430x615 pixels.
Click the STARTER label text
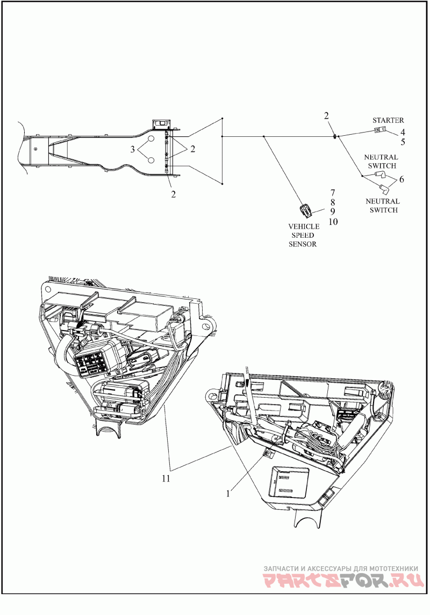pyautogui.click(x=388, y=120)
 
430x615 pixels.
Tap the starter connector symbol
pyautogui.click(x=379, y=130)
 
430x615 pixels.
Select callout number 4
pyautogui.click(x=403, y=133)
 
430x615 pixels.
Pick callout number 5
pyautogui.click(x=403, y=142)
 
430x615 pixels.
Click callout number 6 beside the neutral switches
pyautogui.click(x=402, y=180)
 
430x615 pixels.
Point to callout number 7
pyautogui.click(x=333, y=193)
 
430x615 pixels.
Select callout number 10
pyautogui.click(x=333, y=222)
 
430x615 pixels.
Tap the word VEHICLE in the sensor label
pyautogui.click(x=304, y=226)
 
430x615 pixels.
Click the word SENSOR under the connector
pyautogui.click(x=303, y=244)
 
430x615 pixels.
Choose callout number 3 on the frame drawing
pyautogui.click(x=133, y=149)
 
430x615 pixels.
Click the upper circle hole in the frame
pyautogui.click(x=151, y=140)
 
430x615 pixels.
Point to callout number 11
pyautogui.click(x=166, y=479)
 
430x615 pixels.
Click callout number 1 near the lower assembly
pyautogui.click(x=228, y=494)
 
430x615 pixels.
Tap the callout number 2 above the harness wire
pyautogui.click(x=326, y=115)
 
